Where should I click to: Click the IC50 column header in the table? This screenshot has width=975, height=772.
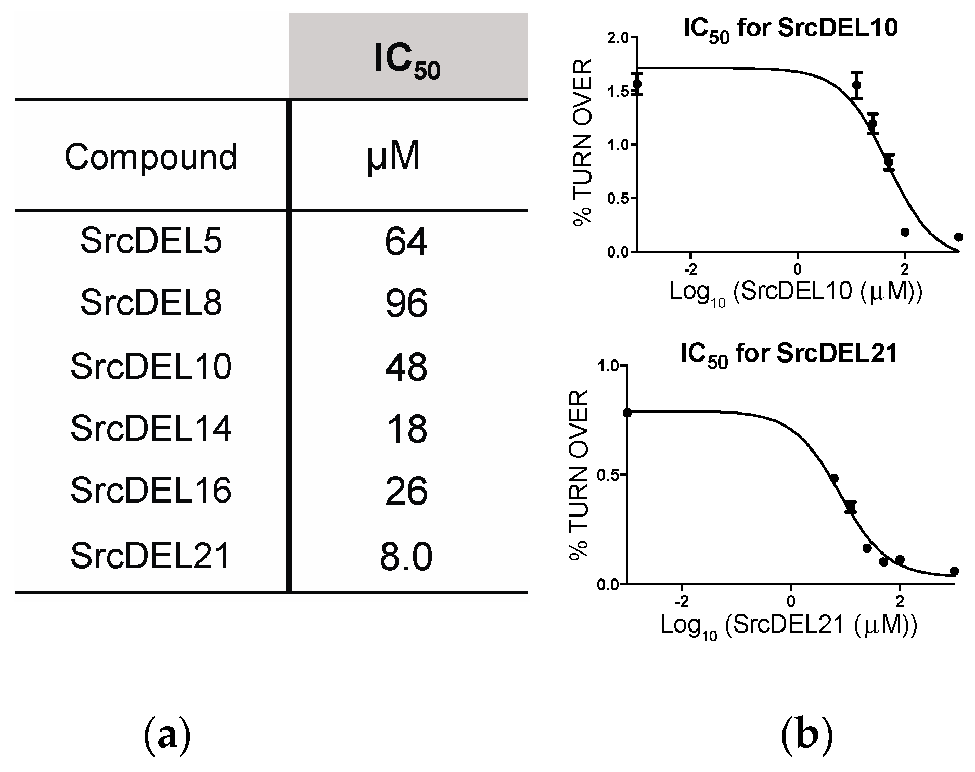(407, 61)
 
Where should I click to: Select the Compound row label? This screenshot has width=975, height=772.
(151, 157)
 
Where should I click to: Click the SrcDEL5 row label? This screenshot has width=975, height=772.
(151, 241)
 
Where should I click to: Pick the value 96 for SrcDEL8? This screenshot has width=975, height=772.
(406, 303)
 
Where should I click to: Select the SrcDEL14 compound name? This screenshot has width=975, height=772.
(151, 428)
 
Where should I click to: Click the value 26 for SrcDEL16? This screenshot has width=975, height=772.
(406, 491)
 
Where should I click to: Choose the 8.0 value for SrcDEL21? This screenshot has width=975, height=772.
(406, 557)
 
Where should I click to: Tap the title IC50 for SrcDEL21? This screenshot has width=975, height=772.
(789, 355)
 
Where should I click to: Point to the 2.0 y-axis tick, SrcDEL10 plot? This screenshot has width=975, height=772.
(618, 37)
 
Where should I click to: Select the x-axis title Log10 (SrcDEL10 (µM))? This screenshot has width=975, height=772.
(796, 292)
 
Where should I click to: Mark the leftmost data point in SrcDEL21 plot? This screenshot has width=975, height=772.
(627, 413)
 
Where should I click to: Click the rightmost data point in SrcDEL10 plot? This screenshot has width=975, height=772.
(958, 237)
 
